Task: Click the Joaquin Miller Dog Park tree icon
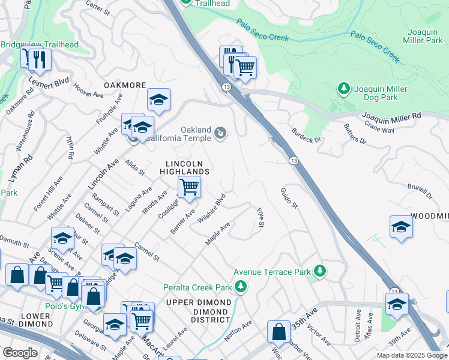pos(343,89)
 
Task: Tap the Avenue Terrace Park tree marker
pos(320,271)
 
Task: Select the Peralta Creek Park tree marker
pos(241,287)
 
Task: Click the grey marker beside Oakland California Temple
pos(220,133)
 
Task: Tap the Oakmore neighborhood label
pos(125,85)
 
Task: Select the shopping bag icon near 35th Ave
pos(279,331)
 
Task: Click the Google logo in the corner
pos(20,353)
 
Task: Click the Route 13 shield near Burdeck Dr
pos(293,161)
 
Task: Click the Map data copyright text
pos(411,355)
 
